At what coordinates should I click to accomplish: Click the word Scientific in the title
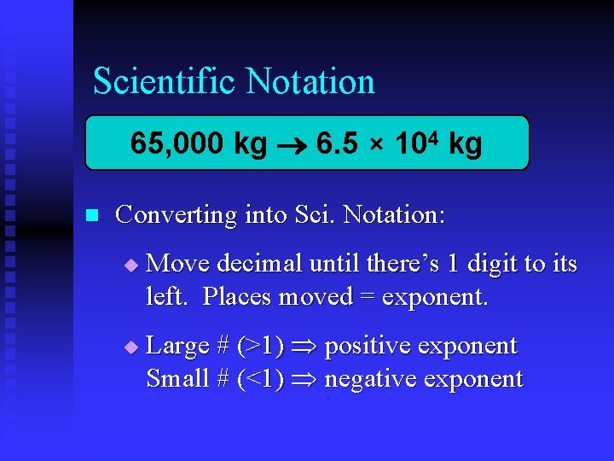click(x=164, y=82)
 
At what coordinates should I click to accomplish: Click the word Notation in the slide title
click(x=310, y=82)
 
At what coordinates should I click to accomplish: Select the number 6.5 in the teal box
click(x=336, y=143)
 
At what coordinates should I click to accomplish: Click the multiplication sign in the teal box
click(x=376, y=145)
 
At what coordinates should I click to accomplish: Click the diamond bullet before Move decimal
click(x=130, y=266)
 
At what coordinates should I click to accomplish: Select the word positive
click(x=368, y=347)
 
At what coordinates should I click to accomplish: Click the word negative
click(x=372, y=378)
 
